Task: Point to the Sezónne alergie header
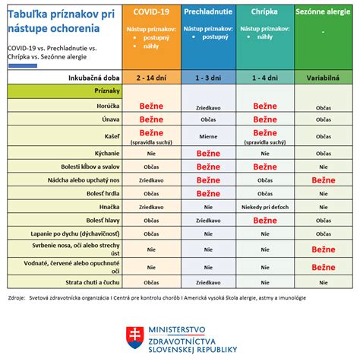324,13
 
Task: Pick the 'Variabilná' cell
324,78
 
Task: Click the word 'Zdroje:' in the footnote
16,297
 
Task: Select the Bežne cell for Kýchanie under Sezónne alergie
324,152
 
